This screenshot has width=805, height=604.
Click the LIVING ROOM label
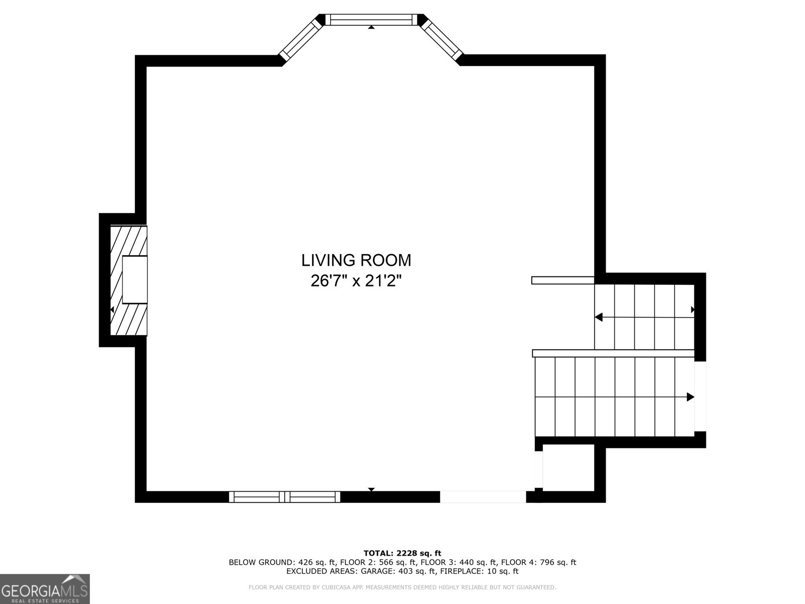pyautogui.click(x=356, y=260)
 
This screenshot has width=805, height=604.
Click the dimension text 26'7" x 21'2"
pyautogui.click(x=356, y=280)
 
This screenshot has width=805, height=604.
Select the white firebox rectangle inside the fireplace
pyautogui.click(x=135, y=279)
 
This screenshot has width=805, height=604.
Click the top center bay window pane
pyautogui.click(x=371, y=20)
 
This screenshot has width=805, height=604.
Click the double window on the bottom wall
pyautogui.click(x=285, y=497)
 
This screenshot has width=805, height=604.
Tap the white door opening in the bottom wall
pyautogui.click(x=483, y=497)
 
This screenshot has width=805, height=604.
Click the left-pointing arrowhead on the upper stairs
pyautogui.click(x=599, y=317)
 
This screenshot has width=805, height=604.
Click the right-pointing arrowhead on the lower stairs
pyautogui.click(x=691, y=397)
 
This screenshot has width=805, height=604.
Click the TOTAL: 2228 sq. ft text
pyautogui.click(x=402, y=553)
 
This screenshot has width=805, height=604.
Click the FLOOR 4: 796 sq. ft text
pyautogui.click(x=538, y=562)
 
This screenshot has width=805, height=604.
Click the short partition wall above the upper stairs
pyautogui.click(x=562, y=280)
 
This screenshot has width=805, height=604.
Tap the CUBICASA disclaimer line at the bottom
pyautogui.click(x=402, y=587)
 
